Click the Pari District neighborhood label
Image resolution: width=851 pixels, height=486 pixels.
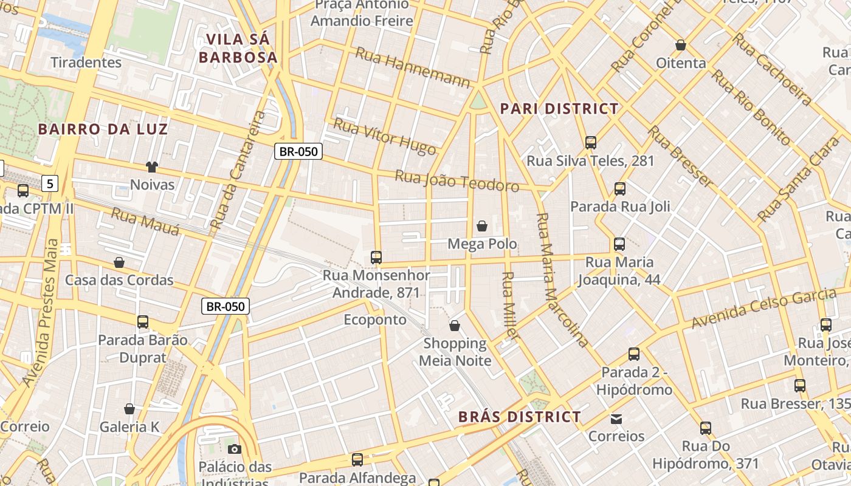point(559,109)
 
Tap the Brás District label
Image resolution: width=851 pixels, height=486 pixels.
point(519,417)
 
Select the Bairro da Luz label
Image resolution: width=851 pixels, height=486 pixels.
point(103,129)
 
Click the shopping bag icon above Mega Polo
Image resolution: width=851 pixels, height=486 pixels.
point(482,226)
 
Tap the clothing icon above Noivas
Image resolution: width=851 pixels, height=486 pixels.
point(151,166)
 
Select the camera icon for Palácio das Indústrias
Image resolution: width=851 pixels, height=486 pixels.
point(234,450)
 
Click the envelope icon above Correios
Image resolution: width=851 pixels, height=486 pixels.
point(616,419)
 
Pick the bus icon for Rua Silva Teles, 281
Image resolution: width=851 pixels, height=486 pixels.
point(590,143)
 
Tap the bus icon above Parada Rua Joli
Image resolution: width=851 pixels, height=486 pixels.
point(619,189)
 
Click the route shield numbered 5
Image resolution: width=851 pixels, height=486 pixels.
point(50,182)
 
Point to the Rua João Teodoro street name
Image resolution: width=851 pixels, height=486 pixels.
point(457,181)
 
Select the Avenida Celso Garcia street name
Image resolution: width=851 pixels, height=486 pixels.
point(763,309)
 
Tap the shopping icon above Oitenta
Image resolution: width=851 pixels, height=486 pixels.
point(681,45)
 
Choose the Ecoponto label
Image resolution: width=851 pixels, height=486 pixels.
point(374,320)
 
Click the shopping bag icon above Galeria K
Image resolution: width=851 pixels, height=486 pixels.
point(129,409)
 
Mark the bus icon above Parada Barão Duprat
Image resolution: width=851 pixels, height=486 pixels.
point(143,322)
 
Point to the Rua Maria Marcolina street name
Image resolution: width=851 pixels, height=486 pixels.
point(562,280)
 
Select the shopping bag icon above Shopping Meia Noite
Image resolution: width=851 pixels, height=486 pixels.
point(455,326)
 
